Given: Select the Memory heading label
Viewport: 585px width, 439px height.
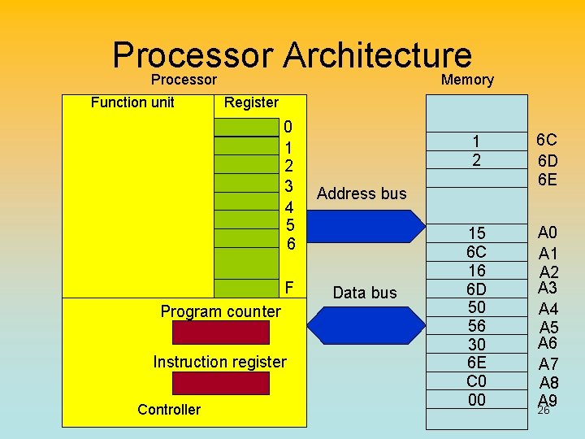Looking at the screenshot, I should [x=467, y=79].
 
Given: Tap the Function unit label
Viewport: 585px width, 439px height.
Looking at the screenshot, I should [x=132, y=102].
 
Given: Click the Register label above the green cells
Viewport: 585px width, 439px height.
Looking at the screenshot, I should [x=251, y=102].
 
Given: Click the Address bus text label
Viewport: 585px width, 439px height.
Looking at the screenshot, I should [x=362, y=193].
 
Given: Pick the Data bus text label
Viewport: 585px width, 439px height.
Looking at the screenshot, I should [x=365, y=293].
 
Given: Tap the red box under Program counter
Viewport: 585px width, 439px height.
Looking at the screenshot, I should [x=220, y=333].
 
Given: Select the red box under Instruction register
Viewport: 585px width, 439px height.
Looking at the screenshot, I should [x=220, y=383].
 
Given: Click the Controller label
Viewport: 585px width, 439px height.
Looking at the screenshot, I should [x=169, y=410].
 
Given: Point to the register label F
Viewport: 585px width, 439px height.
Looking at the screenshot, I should [x=289, y=288].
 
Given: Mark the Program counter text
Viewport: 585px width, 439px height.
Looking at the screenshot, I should [x=220, y=311].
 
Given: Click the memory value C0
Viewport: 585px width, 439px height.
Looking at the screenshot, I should [x=477, y=380].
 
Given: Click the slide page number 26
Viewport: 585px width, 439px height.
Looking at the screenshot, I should [x=544, y=411].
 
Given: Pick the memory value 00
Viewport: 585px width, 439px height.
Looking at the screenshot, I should [x=477, y=399].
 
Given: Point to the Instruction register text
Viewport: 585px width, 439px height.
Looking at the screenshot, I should [x=220, y=362].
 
